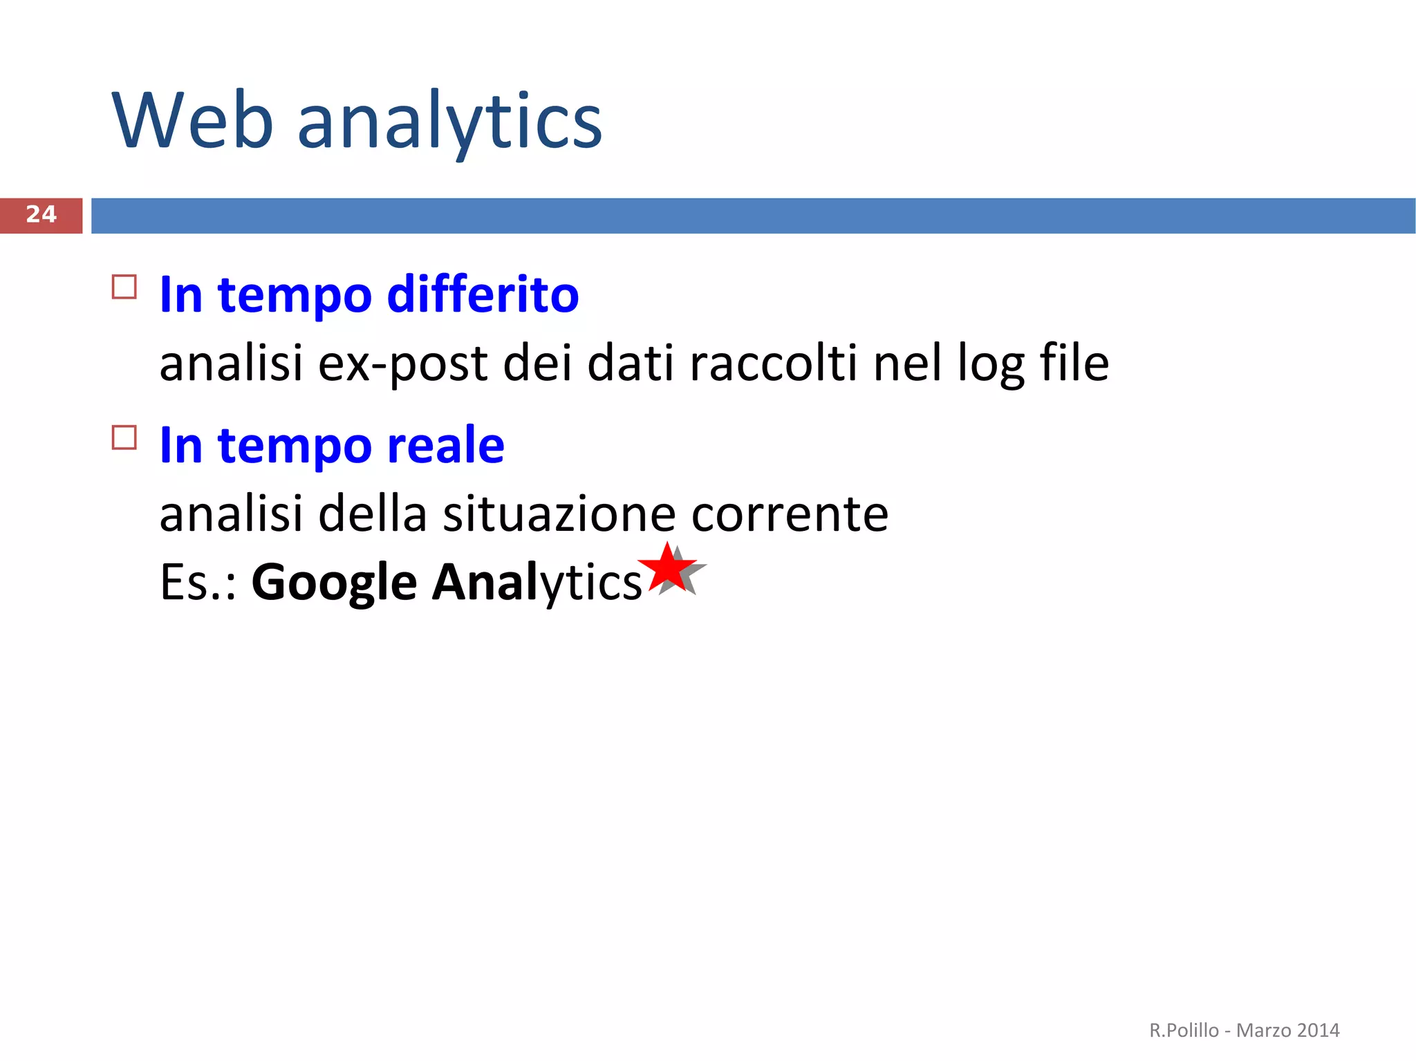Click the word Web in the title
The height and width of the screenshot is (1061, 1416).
click(x=192, y=122)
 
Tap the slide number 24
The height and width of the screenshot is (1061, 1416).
click(x=41, y=215)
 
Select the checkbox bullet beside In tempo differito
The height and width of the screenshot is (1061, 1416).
click(x=124, y=286)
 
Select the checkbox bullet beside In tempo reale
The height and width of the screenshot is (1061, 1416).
click(x=124, y=438)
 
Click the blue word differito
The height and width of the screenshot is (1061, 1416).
click(x=483, y=295)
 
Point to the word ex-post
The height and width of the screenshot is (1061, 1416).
click(x=402, y=364)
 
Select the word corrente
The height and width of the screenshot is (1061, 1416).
click(x=790, y=515)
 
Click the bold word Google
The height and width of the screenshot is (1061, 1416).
click(x=334, y=583)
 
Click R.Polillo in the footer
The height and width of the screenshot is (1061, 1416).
click(x=1184, y=1030)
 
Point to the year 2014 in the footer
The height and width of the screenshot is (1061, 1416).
click(x=1319, y=1030)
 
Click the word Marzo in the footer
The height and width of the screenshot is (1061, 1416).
click(x=1263, y=1030)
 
